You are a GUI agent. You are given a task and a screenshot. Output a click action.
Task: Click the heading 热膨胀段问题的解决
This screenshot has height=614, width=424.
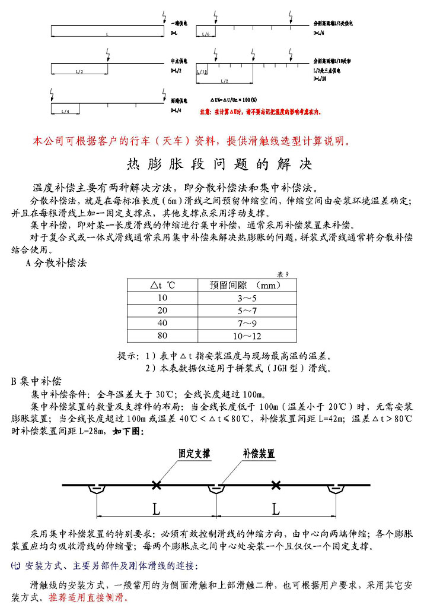pos(219,163)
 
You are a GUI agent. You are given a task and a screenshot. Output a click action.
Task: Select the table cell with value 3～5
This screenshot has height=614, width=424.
pos(247,297)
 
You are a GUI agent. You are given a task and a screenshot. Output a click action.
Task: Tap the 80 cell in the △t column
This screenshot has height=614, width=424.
pos(162,337)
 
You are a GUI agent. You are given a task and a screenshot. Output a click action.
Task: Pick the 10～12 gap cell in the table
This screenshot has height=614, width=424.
pos(247,337)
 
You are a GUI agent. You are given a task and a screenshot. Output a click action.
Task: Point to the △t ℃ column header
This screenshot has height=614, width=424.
pos(162,284)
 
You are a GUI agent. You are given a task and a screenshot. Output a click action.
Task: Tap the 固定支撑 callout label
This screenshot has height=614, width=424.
pos(194,454)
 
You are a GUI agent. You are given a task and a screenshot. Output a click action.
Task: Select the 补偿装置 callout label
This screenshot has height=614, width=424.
pos(259,454)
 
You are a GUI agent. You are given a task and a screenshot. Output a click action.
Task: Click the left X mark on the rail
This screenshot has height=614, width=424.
pos(156,485)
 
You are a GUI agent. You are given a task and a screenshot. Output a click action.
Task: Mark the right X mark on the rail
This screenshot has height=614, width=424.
pos(275,485)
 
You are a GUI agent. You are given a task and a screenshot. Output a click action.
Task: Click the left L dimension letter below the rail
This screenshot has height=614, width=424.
pos(156,509)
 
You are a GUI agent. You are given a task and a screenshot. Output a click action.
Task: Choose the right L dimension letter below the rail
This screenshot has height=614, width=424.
pos(276,509)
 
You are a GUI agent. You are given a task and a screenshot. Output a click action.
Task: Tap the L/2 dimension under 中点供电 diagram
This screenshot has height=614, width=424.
pos(79,71)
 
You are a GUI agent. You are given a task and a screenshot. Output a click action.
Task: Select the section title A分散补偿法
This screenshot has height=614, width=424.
pos(56,263)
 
